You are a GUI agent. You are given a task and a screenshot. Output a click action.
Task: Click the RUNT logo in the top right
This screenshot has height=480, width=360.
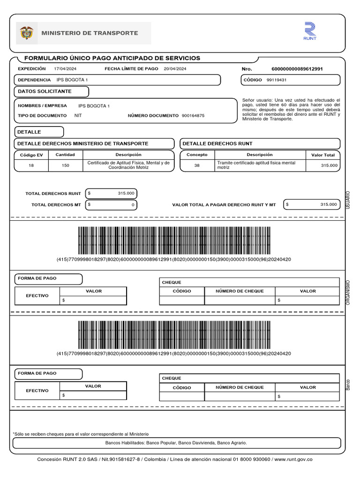310,31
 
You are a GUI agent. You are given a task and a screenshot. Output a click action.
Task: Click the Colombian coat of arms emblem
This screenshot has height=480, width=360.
27,33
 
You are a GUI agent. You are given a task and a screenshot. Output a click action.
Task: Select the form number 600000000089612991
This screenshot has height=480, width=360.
297,69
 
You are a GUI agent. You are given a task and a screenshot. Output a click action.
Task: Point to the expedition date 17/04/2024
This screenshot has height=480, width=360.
64,69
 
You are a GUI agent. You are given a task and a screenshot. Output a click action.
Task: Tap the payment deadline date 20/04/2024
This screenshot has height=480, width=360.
175,69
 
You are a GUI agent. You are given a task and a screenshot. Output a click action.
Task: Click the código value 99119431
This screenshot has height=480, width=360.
277,80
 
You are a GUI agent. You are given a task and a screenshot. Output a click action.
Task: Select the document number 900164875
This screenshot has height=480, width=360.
193,115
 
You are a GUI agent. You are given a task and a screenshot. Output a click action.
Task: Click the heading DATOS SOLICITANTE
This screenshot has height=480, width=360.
45,91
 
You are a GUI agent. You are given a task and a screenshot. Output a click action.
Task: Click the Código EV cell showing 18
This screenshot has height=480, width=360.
31,165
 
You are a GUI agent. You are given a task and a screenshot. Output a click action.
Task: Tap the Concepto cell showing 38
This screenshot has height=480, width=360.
196,165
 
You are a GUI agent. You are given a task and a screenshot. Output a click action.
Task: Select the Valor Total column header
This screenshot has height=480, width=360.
323,155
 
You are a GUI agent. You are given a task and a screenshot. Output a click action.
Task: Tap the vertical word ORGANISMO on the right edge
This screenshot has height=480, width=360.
348,292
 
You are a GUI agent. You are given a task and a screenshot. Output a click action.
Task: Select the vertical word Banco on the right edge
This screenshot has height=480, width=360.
348,384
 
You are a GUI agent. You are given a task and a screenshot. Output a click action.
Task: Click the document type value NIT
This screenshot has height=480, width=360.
78,115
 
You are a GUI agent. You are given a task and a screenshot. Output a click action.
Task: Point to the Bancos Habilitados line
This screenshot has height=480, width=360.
176,443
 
